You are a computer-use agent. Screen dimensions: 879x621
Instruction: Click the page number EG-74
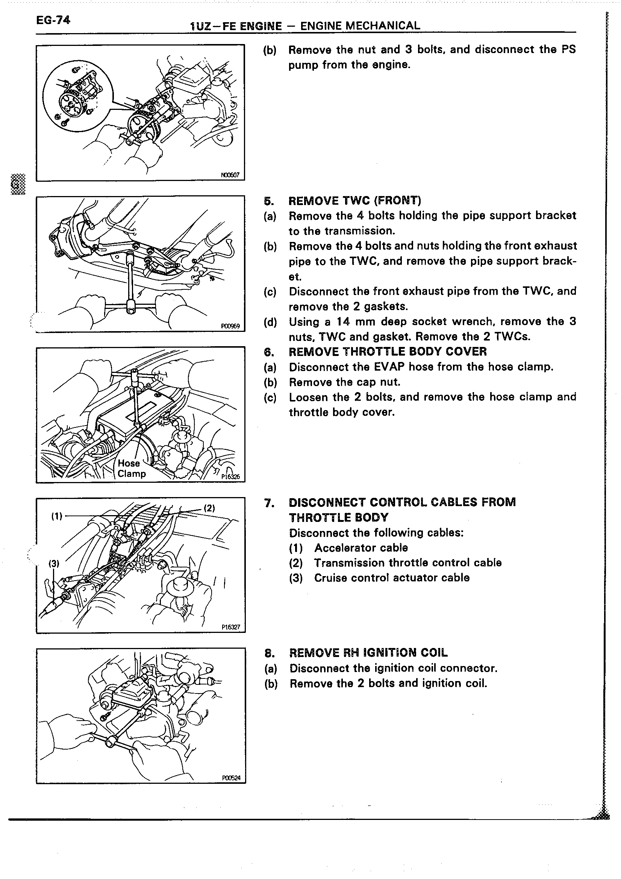click(x=53, y=20)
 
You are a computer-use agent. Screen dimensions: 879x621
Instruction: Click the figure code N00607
click(x=230, y=175)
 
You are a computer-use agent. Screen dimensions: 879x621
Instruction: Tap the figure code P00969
click(x=230, y=326)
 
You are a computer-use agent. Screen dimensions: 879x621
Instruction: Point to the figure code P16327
click(x=230, y=627)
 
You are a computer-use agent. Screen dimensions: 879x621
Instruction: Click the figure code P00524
click(x=231, y=778)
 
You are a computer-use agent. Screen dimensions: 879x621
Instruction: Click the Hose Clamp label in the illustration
click(x=132, y=468)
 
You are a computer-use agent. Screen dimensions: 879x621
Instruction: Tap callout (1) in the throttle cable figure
click(x=57, y=516)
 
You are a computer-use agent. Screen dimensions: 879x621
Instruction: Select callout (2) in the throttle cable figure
click(x=209, y=508)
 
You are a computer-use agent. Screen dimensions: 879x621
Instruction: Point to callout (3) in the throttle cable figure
click(x=54, y=563)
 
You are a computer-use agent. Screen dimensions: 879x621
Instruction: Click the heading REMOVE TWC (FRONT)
click(x=354, y=201)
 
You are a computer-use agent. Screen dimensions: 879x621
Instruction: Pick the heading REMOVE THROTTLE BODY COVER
click(x=387, y=351)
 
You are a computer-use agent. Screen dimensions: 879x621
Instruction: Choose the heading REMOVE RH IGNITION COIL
click(x=368, y=653)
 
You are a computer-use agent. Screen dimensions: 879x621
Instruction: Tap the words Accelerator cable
click(x=360, y=548)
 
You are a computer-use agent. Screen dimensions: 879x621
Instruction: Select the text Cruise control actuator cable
click(x=392, y=578)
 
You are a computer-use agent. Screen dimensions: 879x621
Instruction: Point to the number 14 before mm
click(x=342, y=322)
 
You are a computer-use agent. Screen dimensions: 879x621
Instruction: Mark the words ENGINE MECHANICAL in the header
click(x=360, y=26)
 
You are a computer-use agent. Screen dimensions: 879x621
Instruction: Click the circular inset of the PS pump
click(x=78, y=97)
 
